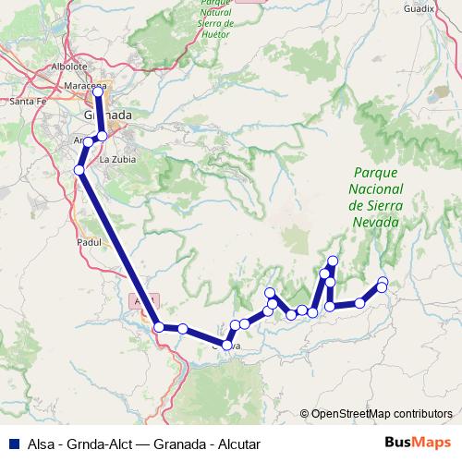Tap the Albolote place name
(x=69, y=67)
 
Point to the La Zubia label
(x=116, y=158)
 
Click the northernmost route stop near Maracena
(x=98, y=91)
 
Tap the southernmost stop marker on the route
(x=226, y=346)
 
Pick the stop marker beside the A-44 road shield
(x=159, y=326)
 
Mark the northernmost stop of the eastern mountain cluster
(x=333, y=261)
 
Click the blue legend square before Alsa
(x=9, y=443)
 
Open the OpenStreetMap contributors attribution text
(x=382, y=415)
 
